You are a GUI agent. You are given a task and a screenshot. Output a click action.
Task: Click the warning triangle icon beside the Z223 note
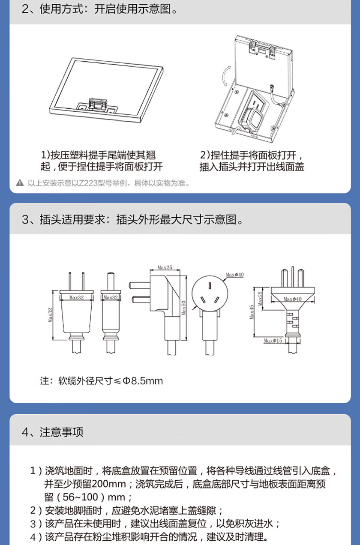point(20,183)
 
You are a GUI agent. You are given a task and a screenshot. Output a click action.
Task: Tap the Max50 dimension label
point(184,308)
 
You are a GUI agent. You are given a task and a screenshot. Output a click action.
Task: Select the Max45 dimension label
point(252,312)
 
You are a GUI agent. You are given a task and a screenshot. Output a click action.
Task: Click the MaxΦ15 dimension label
point(273,341)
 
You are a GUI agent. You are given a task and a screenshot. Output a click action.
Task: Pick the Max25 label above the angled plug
point(165,267)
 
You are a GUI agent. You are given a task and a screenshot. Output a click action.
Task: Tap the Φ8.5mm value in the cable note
point(143,381)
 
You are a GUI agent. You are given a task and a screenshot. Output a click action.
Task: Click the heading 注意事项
point(61,432)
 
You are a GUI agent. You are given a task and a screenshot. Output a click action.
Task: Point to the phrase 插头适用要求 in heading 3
point(72,219)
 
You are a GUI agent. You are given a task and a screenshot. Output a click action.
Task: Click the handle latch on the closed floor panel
point(97,104)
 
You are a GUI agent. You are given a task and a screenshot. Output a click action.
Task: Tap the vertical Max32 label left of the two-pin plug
point(51,315)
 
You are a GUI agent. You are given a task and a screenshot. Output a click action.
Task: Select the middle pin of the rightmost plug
point(292,277)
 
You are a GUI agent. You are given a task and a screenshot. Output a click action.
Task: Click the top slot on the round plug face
point(210,286)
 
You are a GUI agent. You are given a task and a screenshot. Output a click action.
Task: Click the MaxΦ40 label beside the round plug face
point(235,275)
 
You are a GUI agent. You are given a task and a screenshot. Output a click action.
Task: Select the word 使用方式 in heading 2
point(61,9)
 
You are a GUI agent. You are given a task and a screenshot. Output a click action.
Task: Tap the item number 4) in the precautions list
point(36,537)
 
